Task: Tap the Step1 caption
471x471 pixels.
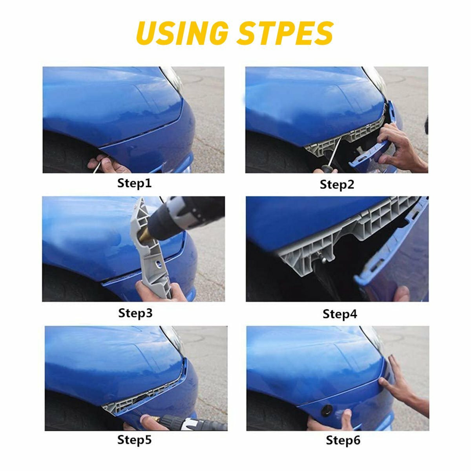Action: (134, 183)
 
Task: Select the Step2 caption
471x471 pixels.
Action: (337, 184)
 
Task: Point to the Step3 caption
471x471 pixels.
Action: (135, 313)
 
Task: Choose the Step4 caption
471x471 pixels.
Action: (340, 314)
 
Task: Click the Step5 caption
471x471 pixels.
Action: (134, 440)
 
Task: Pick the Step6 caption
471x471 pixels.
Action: (343, 440)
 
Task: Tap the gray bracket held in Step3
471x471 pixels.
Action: (153, 251)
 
